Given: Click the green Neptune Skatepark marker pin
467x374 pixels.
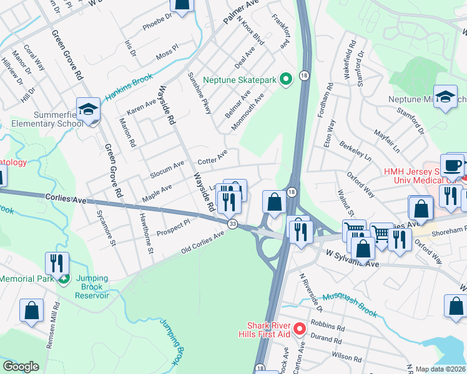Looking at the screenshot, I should (x=286, y=79).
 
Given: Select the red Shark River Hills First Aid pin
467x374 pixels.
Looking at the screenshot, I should (x=299, y=327).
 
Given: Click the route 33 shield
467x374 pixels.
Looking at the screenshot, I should (x=232, y=224).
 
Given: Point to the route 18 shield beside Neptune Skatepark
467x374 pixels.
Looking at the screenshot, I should (x=304, y=75).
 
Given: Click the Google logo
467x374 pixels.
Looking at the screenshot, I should (x=21, y=367).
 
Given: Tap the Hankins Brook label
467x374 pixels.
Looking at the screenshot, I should (x=129, y=83).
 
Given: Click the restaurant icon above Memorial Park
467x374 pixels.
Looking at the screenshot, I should (x=57, y=262).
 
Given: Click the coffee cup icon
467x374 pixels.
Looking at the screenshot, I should (x=455, y=165).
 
